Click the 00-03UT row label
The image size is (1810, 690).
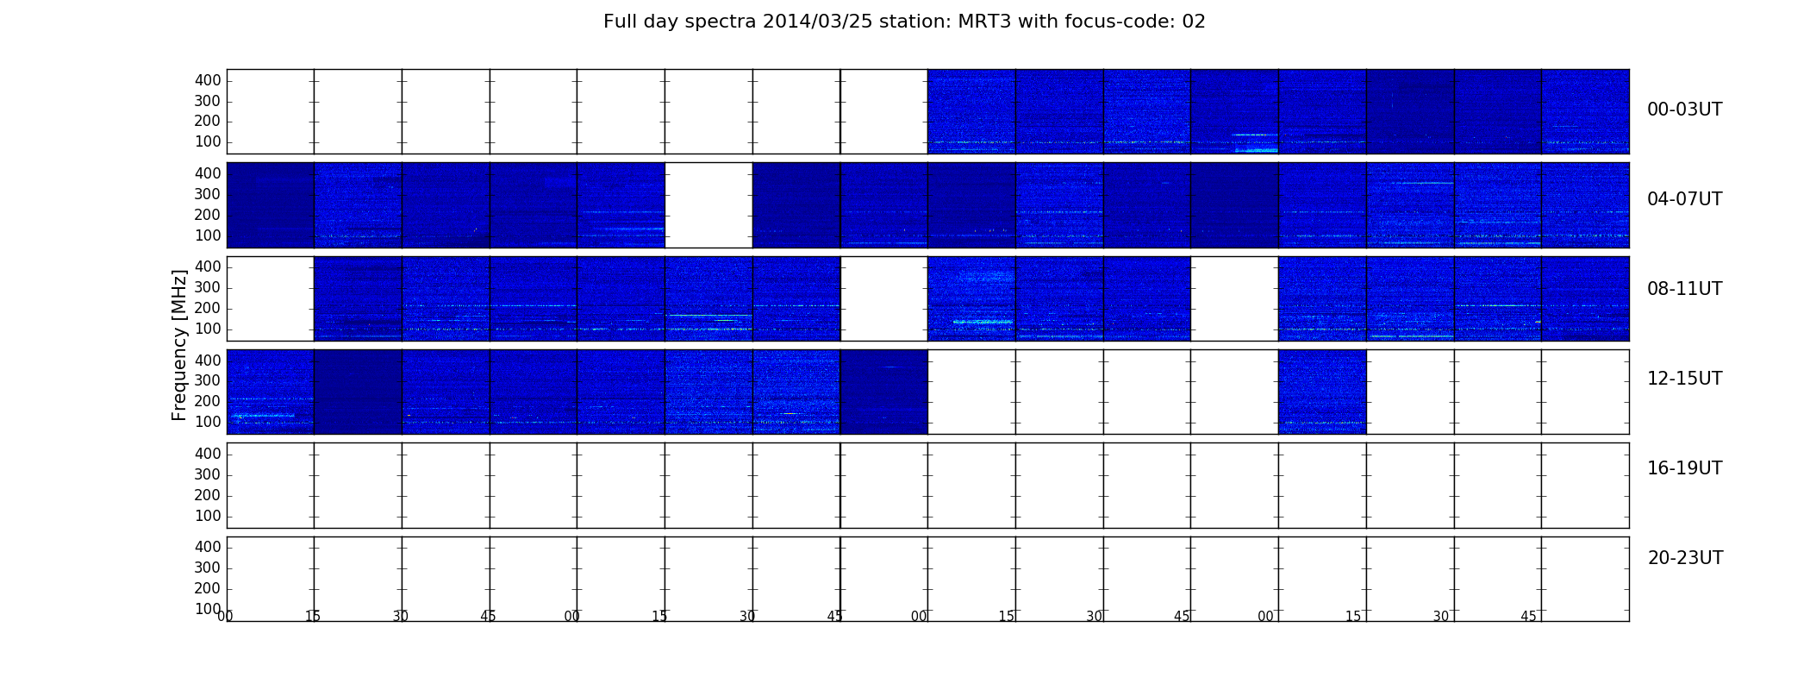click(1685, 110)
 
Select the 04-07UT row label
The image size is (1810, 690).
click(1685, 199)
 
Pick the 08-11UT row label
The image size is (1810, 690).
click(1685, 289)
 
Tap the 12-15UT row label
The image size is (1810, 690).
click(1685, 379)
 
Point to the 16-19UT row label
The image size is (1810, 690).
click(1685, 468)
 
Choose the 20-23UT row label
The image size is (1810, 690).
click(1685, 558)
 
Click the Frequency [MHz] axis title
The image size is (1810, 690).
click(179, 345)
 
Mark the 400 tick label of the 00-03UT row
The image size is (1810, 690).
click(208, 80)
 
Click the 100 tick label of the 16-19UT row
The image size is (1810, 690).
click(208, 516)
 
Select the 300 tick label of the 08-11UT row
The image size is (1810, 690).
click(208, 287)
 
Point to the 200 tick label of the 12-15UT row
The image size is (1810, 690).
click(208, 401)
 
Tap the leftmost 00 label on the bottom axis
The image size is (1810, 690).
click(225, 616)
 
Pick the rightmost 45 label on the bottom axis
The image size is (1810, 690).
click(1528, 616)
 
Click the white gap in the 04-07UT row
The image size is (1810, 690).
click(708, 205)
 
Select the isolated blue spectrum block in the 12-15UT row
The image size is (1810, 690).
click(1322, 392)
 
